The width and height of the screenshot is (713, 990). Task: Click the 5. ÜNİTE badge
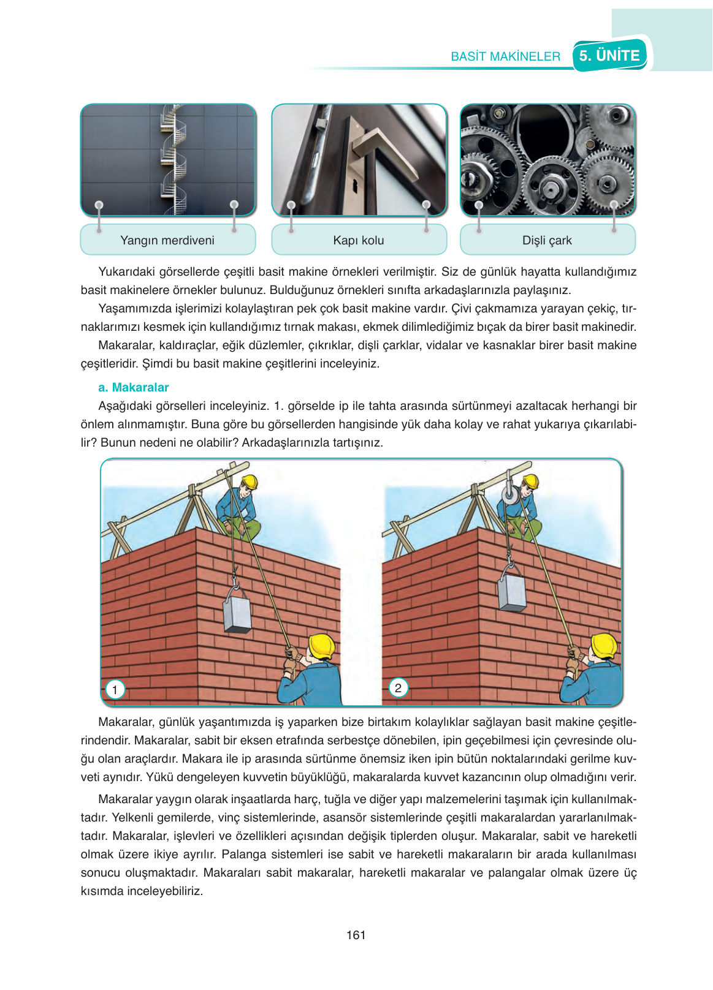click(609, 56)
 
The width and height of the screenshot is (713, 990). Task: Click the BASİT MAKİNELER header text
click(505, 57)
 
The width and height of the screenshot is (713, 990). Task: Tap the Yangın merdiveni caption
click(167, 240)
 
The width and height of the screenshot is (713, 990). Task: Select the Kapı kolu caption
click(359, 240)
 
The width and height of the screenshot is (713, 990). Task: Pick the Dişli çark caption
click(547, 240)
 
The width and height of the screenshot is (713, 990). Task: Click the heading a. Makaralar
click(133, 387)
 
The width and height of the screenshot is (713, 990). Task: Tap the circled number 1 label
click(115, 689)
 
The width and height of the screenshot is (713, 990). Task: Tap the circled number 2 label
click(398, 687)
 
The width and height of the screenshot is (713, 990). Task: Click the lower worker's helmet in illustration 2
click(604, 646)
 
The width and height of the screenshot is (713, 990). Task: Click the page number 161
click(356, 935)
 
